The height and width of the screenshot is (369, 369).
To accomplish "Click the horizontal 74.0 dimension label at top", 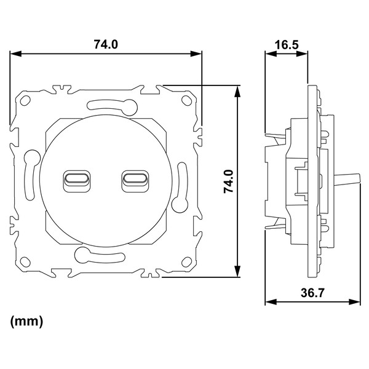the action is click(x=106, y=44).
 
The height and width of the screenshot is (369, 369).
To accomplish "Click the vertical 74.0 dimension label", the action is click(x=228, y=181).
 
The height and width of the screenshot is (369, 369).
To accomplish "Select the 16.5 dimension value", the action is click(x=287, y=45).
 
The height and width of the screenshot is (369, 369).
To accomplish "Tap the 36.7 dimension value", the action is click(x=312, y=293).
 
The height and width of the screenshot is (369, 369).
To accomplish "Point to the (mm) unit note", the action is click(x=26, y=321).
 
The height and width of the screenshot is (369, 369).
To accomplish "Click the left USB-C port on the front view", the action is click(x=77, y=181).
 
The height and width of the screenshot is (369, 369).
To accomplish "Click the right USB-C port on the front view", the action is click(x=135, y=181).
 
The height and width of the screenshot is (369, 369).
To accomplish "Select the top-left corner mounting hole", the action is click(x=25, y=100).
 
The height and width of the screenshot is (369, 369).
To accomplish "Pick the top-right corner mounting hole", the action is click(x=186, y=100).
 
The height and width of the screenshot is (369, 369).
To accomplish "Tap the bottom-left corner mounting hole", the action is click(x=25, y=262).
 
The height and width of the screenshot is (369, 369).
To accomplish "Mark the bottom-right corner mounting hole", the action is click(x=186, y=262).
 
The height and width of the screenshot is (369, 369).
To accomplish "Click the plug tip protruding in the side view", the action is click(x=348, y=178).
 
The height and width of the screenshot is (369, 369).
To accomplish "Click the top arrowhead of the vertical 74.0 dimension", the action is click(x=237, y=91).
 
